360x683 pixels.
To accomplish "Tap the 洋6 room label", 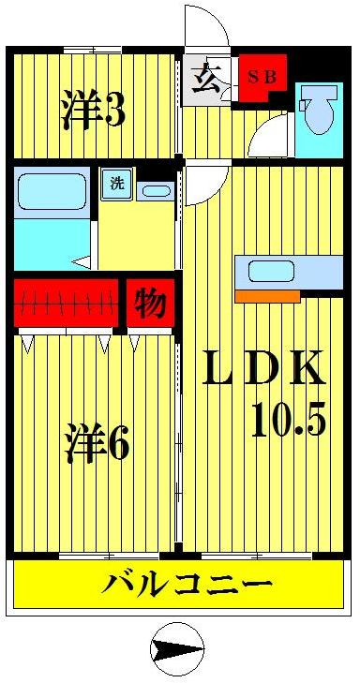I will [x=97, y=442].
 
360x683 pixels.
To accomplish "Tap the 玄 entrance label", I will [x=206, y=80].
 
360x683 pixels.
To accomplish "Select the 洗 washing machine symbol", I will [x=116, y=183].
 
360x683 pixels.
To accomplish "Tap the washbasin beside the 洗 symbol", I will [x=155, y=191].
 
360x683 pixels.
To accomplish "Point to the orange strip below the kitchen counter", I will [x=266, y=296].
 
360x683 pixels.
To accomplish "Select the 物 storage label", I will [x=149, y=302].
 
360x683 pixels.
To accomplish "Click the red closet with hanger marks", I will [x=66, y=302].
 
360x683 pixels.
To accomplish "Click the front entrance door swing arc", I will [x=206, y=26].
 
